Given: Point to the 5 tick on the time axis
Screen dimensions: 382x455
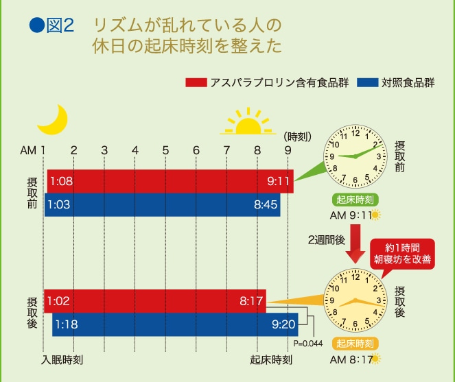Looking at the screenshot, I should tap(165, 150).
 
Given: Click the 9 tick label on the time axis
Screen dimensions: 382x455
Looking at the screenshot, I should tap(288, 150).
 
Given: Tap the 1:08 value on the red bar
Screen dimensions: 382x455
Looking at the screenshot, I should tap(61, 182).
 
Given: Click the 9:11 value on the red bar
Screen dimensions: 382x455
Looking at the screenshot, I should tap(279, 182).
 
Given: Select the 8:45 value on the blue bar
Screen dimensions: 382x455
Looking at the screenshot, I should tap(266, 204).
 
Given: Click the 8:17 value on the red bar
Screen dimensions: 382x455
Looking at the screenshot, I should tap(251, 300).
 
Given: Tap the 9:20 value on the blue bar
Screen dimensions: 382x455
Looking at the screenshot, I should tap(283, 324).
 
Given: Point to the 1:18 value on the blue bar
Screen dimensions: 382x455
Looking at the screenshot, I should tap(67, 324).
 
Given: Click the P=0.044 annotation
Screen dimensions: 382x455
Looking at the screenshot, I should tap(307, 343).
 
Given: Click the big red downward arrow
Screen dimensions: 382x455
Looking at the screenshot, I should tap(355, 248).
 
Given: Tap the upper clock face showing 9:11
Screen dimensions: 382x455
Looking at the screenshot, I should tap(355, 157).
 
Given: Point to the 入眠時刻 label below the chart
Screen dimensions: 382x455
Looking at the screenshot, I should tap(62, 359).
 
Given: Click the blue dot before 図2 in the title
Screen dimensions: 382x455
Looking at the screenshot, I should tap(35, 25).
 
